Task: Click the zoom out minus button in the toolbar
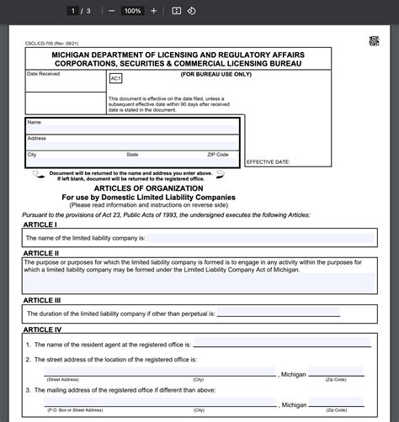point(112,11)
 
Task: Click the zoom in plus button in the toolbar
point(153,11)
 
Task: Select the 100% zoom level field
point(132,11)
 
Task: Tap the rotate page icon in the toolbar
point(191,11)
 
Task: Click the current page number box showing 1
point(73,11)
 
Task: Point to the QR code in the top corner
point(373,41)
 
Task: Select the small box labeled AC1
point(115,78)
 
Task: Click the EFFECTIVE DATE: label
point(269,161)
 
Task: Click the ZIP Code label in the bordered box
point(217,155)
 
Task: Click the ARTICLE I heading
point(40,225)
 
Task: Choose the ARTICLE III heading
point(42,300)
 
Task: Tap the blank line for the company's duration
point(278,314)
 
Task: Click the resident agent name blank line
point(282,345)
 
